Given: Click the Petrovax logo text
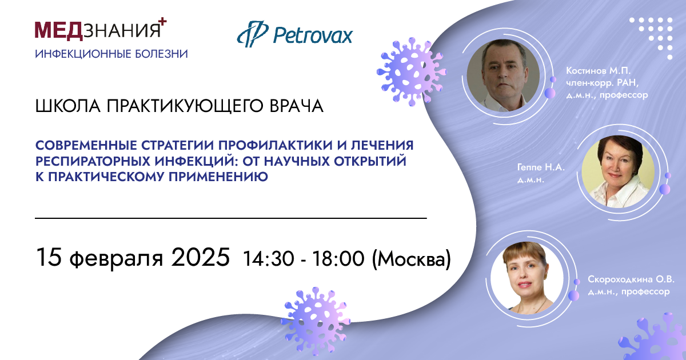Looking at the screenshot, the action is coord(313,35).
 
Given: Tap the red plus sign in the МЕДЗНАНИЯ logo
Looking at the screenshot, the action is coord(162,22).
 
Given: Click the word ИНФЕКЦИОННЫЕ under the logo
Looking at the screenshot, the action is coord(82,54).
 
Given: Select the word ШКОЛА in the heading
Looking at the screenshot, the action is coord(68,106).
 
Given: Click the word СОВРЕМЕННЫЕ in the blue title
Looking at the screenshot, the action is coord(86,145).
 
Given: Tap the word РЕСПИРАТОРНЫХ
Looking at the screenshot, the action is coord(92,161).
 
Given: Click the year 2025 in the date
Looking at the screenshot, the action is coord(200,257).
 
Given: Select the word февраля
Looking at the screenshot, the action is coord(117,259).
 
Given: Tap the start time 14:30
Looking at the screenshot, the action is coord(269,259).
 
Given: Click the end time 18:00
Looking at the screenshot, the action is coord(338,259).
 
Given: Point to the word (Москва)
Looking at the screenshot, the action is coord(411,259).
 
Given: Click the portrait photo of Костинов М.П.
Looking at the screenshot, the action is coord(503,75).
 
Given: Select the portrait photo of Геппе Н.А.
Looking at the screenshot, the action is coord(618,172).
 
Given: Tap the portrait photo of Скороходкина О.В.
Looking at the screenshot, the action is coord(527,278).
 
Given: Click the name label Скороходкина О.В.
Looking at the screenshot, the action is coord(631,279).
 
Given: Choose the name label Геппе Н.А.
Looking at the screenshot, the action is coord(541,167).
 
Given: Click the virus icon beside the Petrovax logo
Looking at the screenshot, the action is coord(411,72).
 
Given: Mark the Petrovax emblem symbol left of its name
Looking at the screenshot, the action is coord(253,34).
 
